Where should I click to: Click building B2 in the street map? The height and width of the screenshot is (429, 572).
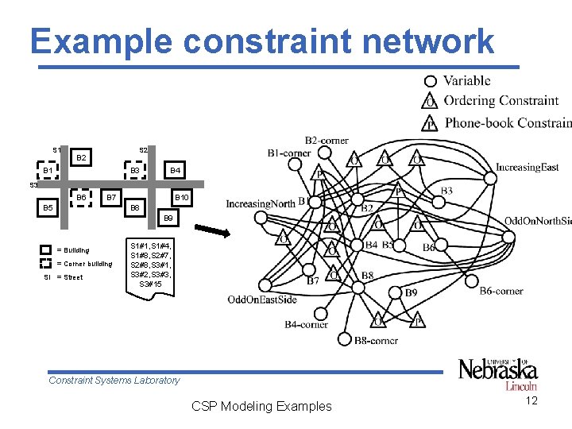(x=81, y=158)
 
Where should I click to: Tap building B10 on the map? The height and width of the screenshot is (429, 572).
(x=181, y=197)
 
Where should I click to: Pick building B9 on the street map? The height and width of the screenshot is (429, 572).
(x=167, y=217)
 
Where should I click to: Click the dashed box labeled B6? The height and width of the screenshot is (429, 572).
(x=80, y=197)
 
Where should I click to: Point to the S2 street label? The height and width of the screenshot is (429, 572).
(x=143, y=149)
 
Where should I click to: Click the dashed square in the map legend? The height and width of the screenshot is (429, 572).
(x=46, y=263)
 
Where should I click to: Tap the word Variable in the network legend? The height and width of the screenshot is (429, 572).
(x=466, y=80)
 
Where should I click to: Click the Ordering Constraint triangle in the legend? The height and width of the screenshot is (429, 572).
(x=430, y=101)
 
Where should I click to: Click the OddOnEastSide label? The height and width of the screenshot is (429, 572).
(x=261, y=300)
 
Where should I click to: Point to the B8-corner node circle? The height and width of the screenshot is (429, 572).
(x=344, y=339)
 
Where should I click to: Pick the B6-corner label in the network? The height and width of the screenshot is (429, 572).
(x=501, y=291)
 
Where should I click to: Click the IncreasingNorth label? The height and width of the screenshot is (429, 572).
(x=261, y=203)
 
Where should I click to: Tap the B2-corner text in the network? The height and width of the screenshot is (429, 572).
(x=326, y=141)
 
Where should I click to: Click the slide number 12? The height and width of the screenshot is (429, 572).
(x=531, y=400)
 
